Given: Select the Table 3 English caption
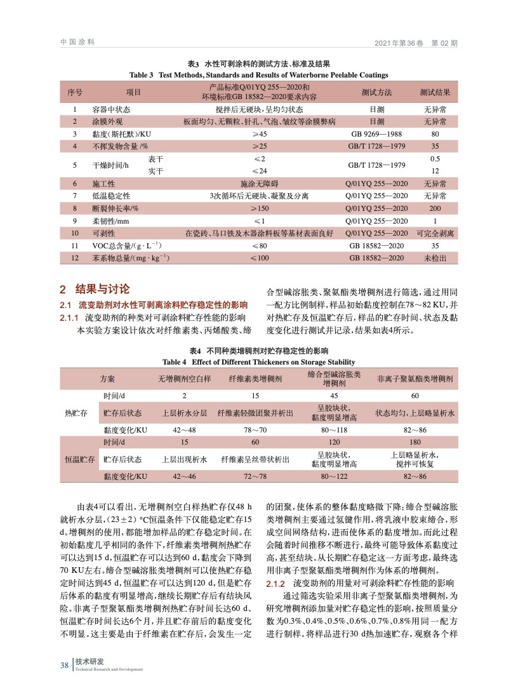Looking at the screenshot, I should tap(258, 74).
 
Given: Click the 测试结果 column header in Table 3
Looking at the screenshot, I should tap(435, 92).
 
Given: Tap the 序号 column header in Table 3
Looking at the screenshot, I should tap(75, 92).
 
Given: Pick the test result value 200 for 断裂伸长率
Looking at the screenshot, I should tap(435, 208).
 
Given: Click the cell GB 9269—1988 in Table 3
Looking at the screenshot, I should tap(377, 134).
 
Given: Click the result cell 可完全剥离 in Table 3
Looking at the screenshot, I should tap(435, 233).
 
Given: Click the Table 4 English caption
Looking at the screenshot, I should tap(258, 362).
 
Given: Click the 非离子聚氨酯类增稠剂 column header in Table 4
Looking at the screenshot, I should tap(415, 379).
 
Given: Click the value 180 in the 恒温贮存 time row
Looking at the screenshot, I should tap(415, 442).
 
